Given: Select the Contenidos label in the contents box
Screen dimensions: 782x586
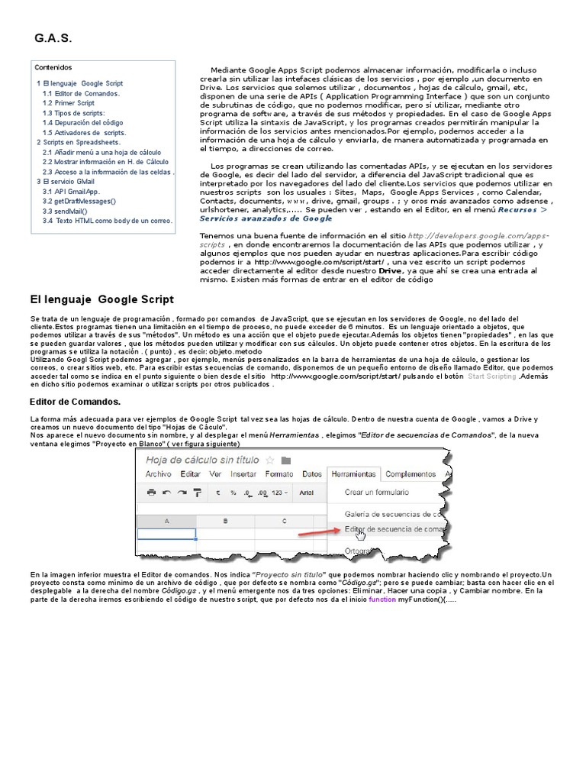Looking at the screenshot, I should pyautogui.click(x=53, y=67).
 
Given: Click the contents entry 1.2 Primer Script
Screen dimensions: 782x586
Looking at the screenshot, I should pyautogui.click(x=69, y=103).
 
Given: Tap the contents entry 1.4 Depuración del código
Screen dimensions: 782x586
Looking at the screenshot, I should pyautogui.click(x=82, y=122).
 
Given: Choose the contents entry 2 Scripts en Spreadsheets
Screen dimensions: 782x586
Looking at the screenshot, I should pyautogui.click(x=78, y=142).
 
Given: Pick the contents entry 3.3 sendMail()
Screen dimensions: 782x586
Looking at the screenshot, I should pyautogui.click(x=65, y=211).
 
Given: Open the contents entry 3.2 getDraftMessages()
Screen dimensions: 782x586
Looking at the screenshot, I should pyautogui.click(x=79, y=201).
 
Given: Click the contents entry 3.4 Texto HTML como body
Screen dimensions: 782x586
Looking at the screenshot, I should pyautogui.click(x=108, y=221).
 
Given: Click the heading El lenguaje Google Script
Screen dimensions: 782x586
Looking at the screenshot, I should pyautogui.click(x=101, y=299).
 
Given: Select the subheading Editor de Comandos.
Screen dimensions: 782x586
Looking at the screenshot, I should pyautogui.click(x=75, y=401).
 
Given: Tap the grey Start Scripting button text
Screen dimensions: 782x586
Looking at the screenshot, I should pyautogui.click(x=491, y=376).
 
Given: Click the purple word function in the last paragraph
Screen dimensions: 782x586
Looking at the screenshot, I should pyautogui.click(x=382, y=600).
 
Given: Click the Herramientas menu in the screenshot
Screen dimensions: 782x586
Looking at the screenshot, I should pyautogui.click(x=354, y=474).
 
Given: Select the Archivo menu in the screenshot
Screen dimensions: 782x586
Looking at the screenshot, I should pyautogui.click(x=159, y=474).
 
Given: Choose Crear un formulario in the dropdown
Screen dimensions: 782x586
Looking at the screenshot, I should pyautogui.click(x=377, y=493).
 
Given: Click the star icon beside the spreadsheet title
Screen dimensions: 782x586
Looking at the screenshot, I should pyautogui.click(x=269, y=460).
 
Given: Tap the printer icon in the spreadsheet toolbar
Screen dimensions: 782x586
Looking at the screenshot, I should pyautogui.click(x=151, y=493).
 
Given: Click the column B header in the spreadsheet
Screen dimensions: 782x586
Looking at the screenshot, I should pyautogui.click(x=225, y=521).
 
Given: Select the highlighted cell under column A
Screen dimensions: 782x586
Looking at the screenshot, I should pyautogui.click(x=166, y=534).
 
